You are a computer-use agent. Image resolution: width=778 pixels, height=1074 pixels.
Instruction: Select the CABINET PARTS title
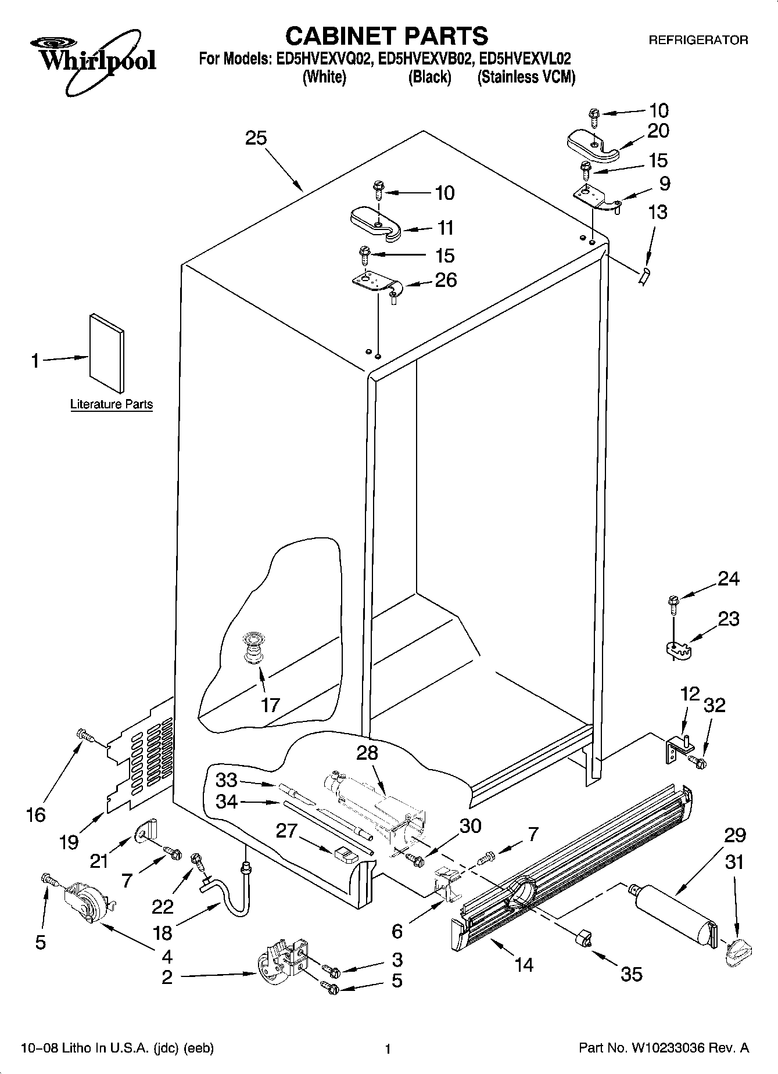[386, 36]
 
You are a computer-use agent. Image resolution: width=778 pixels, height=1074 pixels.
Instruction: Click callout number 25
[256, 138]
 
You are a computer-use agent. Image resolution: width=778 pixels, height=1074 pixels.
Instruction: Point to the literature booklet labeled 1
[107, 354]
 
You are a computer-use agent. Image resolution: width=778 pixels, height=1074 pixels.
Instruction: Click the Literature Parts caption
[111, 404]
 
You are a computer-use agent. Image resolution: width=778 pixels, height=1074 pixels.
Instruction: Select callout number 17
[270, 705]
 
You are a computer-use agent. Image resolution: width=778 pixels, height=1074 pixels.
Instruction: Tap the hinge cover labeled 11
[376, 224]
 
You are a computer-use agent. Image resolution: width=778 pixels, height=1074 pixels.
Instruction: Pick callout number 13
[658, 212]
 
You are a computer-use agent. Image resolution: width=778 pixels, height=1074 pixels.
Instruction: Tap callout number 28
[367, 753]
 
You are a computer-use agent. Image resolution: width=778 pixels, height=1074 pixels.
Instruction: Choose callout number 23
[729, 619]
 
